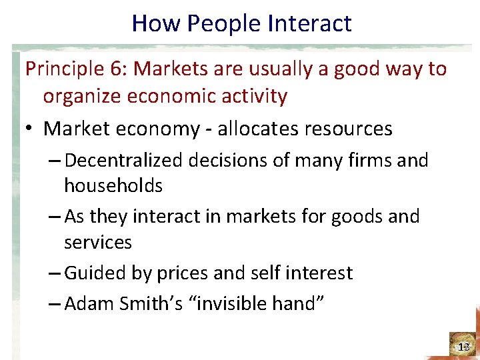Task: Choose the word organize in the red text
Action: click(x=83, y=97)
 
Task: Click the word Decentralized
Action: click(x=127, y=161)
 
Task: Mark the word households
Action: click(x=113, y=185)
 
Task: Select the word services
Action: click(x=98, y=242)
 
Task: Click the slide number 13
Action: click(x=464, y=347)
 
